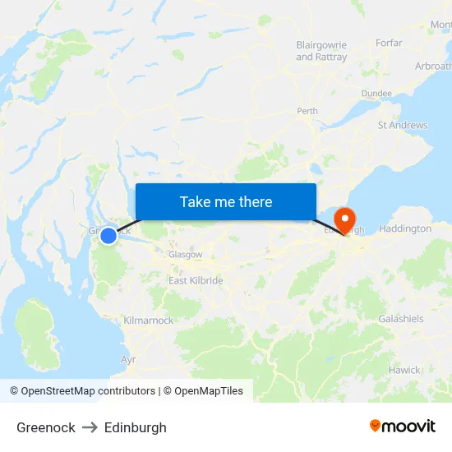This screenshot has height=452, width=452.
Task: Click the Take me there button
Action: point(226,201)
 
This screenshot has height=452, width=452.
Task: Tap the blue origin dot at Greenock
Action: point(108,236)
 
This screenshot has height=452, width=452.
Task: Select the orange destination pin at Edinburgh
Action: point(344,219)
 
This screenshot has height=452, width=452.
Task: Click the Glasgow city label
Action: point(185,255)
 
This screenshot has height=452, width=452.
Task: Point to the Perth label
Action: point(307,111)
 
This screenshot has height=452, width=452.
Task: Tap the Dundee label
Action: point(376,94)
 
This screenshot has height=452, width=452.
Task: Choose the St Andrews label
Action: point(403,126)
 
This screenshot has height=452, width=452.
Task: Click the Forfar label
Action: point(388,44)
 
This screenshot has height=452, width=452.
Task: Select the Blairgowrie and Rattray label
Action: point(321,51)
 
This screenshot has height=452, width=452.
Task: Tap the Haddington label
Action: point(406,228)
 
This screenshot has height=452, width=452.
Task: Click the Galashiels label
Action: point(401,318)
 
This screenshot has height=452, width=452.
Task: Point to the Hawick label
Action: point(404,370)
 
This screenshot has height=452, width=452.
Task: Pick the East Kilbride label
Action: point(196,281)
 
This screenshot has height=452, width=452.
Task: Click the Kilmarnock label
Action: point(148,321)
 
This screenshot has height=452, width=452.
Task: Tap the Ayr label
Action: point(128,360)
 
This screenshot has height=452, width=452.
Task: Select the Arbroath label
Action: point(433,66)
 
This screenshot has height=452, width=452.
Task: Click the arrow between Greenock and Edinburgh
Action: point(90,427)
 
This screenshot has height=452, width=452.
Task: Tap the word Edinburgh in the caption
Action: point(135,427)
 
